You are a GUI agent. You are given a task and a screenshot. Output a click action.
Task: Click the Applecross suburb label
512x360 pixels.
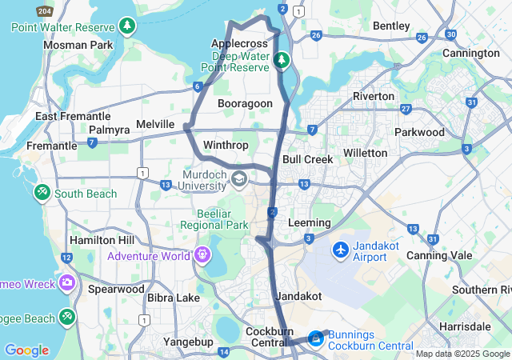(x=238, y=43)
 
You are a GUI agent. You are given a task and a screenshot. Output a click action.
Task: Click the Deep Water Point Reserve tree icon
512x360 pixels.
(x=281, y=60)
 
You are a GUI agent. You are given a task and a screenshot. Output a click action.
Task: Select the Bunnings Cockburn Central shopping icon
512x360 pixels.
(x=316, y=340)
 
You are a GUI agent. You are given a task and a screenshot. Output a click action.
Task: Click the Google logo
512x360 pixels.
(x=26, y=350)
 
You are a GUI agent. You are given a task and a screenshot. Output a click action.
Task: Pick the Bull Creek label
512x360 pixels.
(x=307, y=159)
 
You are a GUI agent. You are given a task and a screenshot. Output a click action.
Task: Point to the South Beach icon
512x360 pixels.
(x=42, y=193)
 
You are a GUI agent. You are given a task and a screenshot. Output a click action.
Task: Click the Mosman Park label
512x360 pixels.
(x=78, y=45)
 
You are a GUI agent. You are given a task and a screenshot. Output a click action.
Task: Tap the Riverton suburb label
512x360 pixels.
(x=374, y=96)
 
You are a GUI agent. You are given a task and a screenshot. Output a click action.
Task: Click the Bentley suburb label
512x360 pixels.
(x=391, y=26)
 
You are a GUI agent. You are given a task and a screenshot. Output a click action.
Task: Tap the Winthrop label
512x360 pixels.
(x=226, y=145)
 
